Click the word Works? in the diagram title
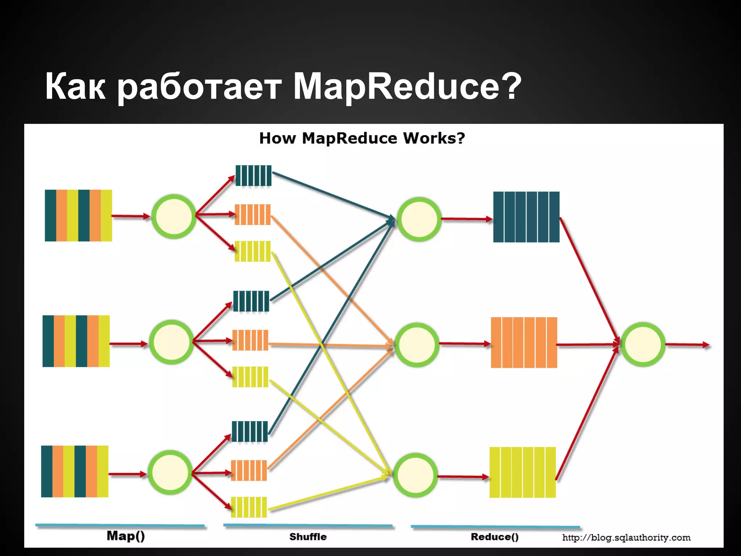(434, 138)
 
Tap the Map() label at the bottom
(126, 536)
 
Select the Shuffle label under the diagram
(308, 537)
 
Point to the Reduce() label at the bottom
(495, 537)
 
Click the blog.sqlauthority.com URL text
(626, 538)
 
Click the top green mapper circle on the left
(174, 216)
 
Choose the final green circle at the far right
(643, 345)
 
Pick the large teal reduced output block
(526, 217)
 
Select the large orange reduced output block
(524, 342)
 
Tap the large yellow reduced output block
(522, 472)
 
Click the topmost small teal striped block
(253, 176)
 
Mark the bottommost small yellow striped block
(249, 507)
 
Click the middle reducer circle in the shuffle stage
(417, 345)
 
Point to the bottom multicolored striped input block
(75, 471)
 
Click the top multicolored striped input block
(78, 215)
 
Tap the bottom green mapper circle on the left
(170, 473)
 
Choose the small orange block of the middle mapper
(250, 340)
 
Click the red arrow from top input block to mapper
(131, 216)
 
